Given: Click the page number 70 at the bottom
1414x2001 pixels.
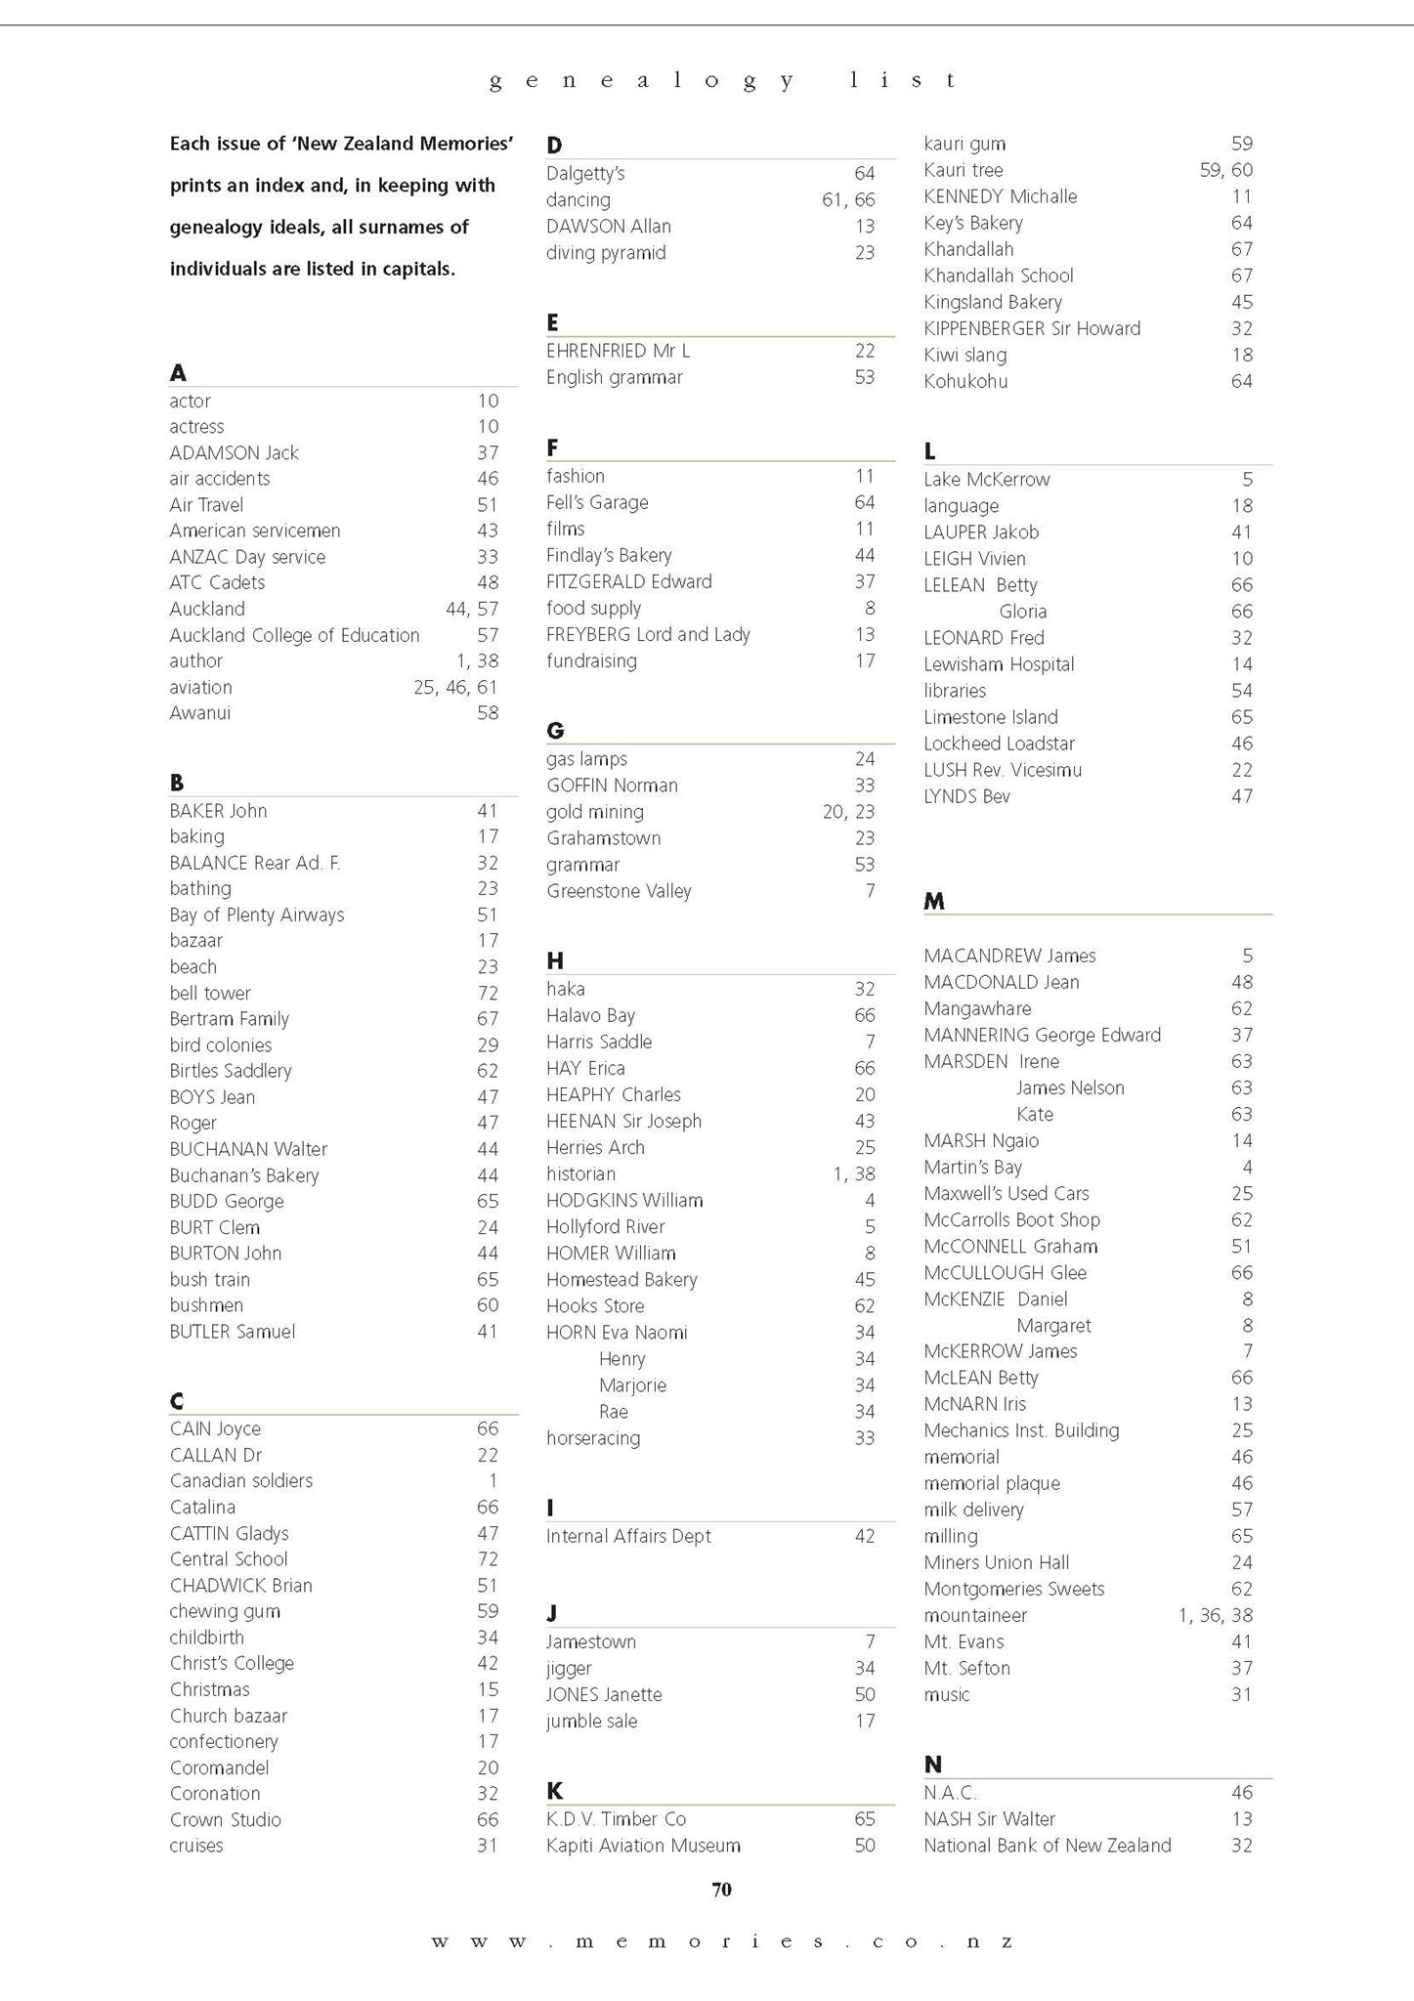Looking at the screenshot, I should [721, 1889].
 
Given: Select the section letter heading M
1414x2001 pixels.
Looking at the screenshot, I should [934, 901].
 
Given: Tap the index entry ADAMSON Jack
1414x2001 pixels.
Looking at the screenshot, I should [234, 452].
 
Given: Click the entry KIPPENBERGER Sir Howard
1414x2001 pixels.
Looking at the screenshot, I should [1032, 328].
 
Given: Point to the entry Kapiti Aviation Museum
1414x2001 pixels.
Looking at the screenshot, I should [643, 1845].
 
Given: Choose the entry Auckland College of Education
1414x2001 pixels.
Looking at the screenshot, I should [294, 635].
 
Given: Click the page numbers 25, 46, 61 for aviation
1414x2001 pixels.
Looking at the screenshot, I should [455, 687].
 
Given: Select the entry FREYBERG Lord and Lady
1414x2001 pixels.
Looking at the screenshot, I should [648, 634].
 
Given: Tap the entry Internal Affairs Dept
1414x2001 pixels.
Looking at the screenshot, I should [628, 1536].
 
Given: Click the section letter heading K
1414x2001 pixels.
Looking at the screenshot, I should [554, 1790].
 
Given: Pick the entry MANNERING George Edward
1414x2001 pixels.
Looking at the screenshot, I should [1042, 1035].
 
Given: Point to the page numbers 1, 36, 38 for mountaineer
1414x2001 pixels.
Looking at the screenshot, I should [1215, 1615].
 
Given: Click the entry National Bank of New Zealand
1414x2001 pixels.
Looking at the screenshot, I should [1047, 1845].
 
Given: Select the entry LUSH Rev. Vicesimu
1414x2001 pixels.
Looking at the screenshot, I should [1003, 770].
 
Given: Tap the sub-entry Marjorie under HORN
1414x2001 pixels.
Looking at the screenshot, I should [632, 1385].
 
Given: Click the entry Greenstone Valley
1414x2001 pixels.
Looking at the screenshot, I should [619, 891].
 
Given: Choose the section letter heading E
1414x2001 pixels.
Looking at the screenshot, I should [552, 322].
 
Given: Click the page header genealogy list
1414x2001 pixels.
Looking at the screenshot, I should [721, 81].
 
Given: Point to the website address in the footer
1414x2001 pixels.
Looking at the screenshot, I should [721, 1941].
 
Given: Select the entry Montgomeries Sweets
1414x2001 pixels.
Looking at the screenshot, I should [1013, 1589].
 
